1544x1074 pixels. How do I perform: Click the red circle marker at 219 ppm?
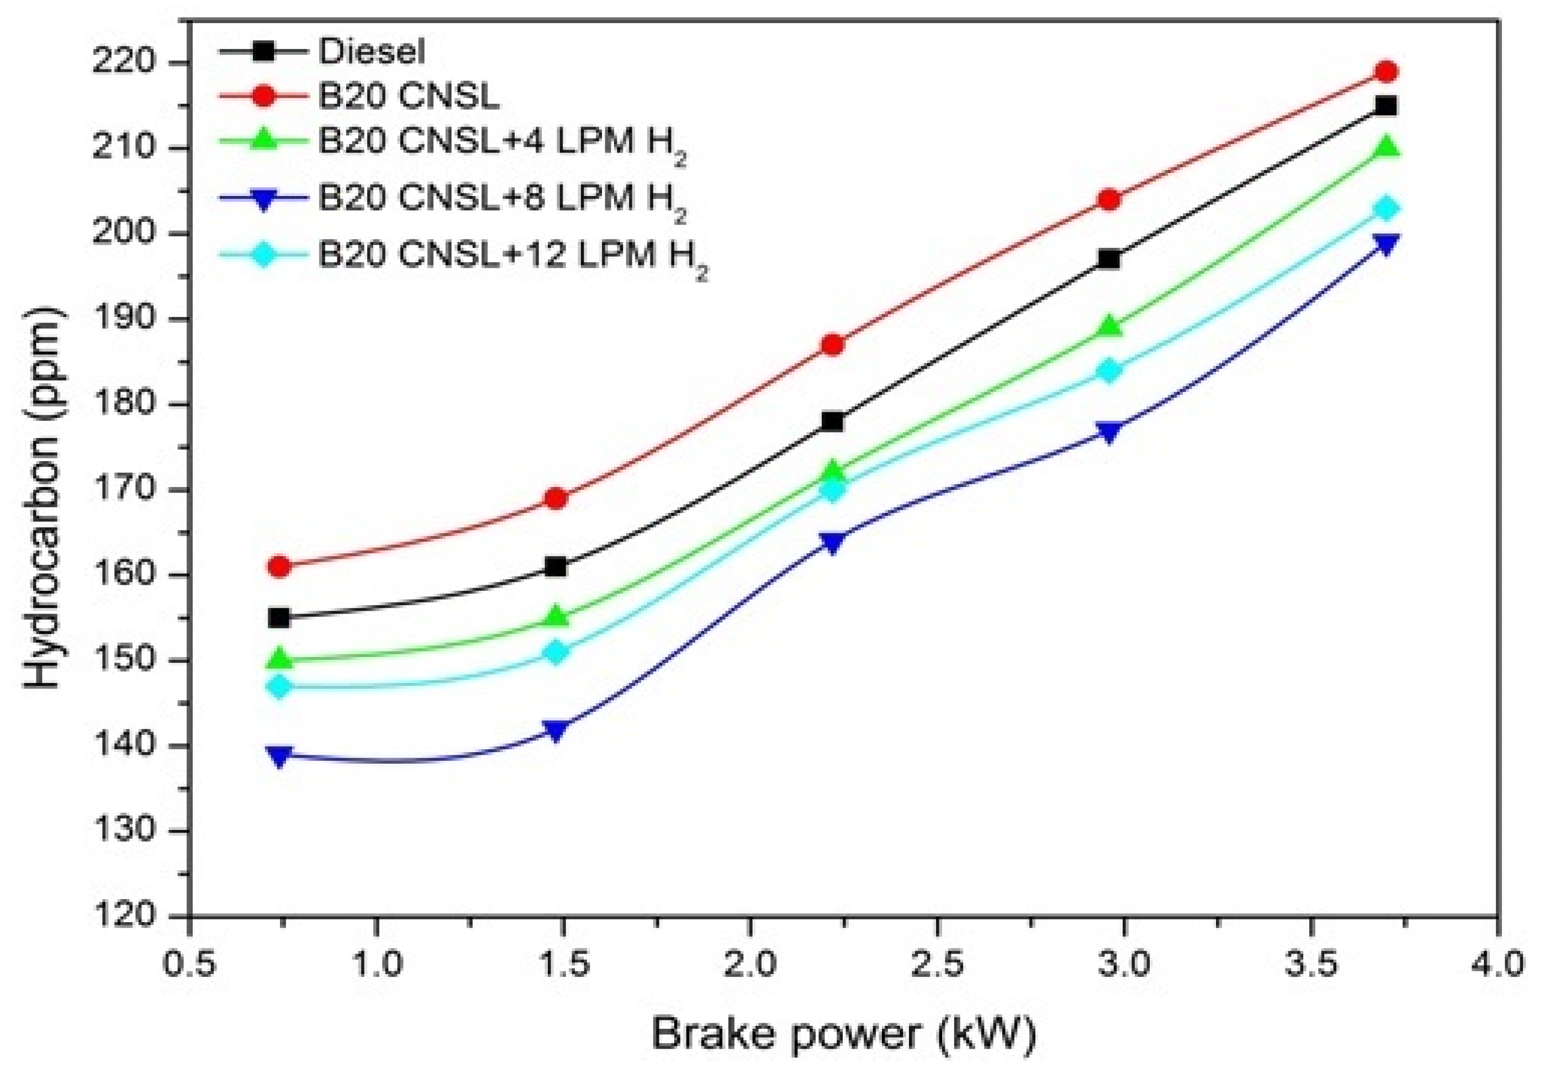[x=1386, y=71]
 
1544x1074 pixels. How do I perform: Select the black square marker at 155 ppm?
[x=279, y=617]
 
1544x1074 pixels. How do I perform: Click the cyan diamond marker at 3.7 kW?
[x=1386, y=209]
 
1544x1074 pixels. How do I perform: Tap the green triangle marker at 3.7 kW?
[x=1386, y=147]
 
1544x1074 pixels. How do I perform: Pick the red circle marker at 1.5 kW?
[x=556, y=498]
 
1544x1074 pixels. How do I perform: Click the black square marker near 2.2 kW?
[x=833, y=422]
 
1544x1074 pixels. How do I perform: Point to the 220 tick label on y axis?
[x=124, y=63]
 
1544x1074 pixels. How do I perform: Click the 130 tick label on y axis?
[x=124, y=830]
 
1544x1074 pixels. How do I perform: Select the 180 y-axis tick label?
[x=124, y=404]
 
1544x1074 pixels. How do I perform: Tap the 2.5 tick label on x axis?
[x=936, y=966]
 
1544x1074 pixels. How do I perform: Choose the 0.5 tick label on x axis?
[x=191, y=966]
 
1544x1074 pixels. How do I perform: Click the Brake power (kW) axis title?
[x=843, y=1034]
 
